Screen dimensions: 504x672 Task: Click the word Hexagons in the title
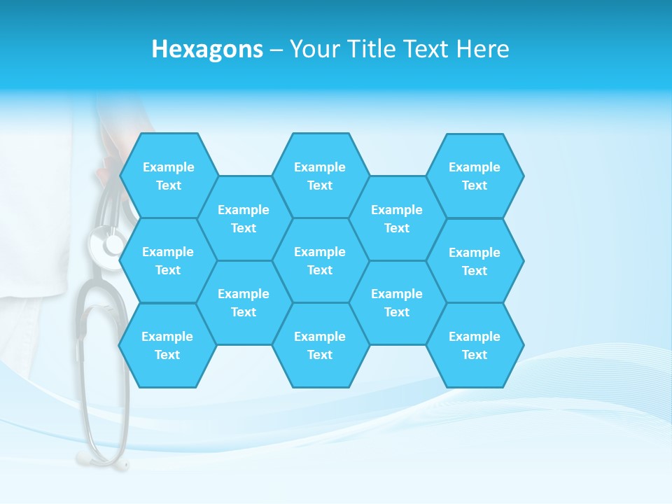(x=207, y=49)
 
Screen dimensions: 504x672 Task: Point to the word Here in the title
(x=483, y=49)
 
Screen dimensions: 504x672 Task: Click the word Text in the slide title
(x=426, y=49)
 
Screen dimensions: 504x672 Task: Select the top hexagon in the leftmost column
(x=168, y=176)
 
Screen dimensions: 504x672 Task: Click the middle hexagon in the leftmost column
(x=168, y=260)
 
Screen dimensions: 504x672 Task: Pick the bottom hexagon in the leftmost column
(x=167, y=345)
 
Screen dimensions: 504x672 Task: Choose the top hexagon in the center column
(x=320, y=176)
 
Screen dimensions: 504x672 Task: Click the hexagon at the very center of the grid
(x=320, y=260)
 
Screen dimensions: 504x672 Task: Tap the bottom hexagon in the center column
(x=320, y=345)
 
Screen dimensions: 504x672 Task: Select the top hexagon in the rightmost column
(x=475, y=176)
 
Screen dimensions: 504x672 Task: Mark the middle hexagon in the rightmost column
(x=475, y=261)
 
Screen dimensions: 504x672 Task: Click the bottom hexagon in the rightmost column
(x=475, y=345)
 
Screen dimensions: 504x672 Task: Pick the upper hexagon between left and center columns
(x=244, y=218)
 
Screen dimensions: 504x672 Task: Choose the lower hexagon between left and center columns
(x=244, y=302)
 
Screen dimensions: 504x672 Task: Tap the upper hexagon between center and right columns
(x=397, y=218)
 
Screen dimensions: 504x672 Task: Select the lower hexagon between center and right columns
(x=397, y=302)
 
